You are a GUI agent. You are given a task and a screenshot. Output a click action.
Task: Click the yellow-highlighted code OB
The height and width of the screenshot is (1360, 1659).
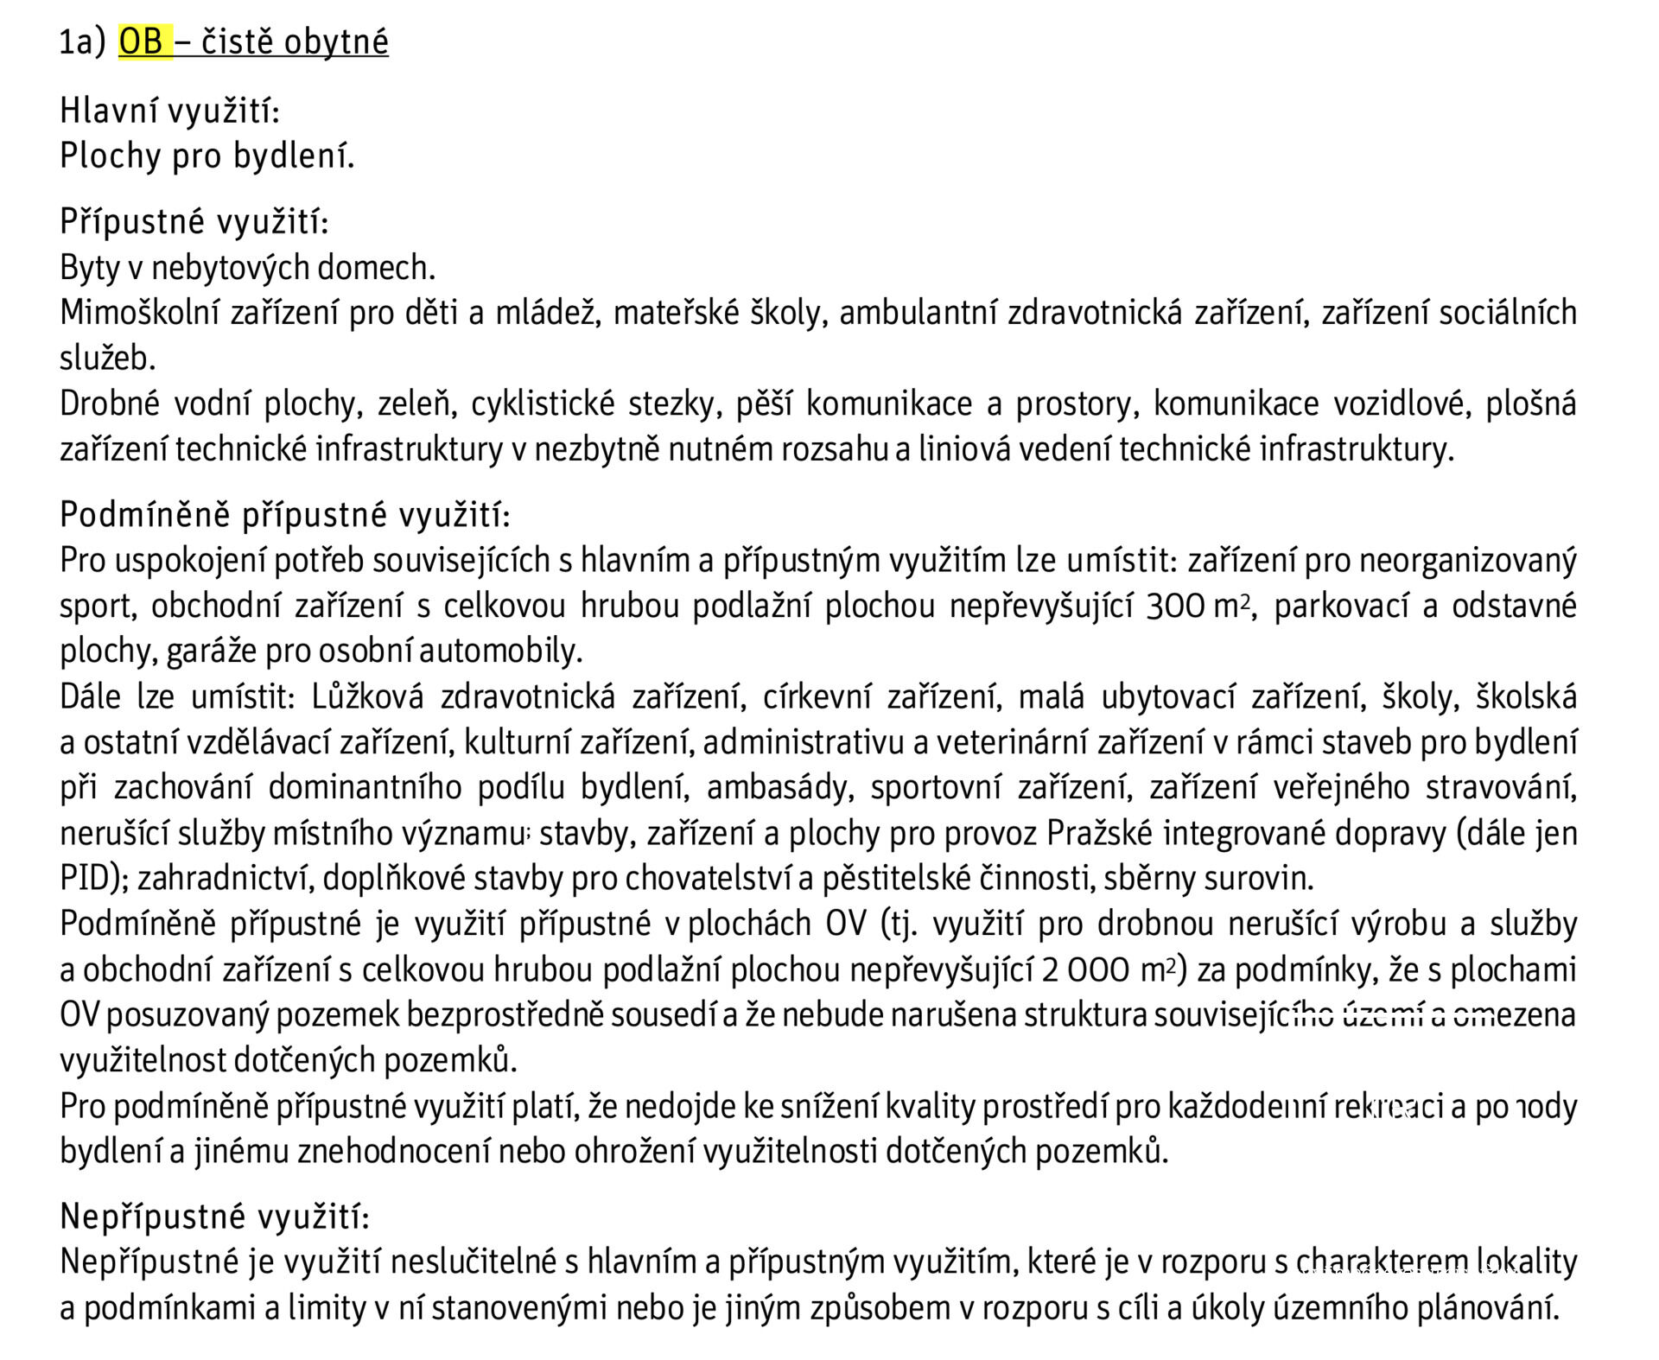coord(142,41)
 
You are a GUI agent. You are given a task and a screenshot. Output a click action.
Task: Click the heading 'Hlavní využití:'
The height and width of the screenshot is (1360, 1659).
coord(169,111)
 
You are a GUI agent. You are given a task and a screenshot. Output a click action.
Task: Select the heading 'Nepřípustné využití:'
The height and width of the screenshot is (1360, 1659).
coord(214,1217)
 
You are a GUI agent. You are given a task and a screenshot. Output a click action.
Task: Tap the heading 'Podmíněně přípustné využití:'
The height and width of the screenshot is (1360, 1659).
coord(285,515)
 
